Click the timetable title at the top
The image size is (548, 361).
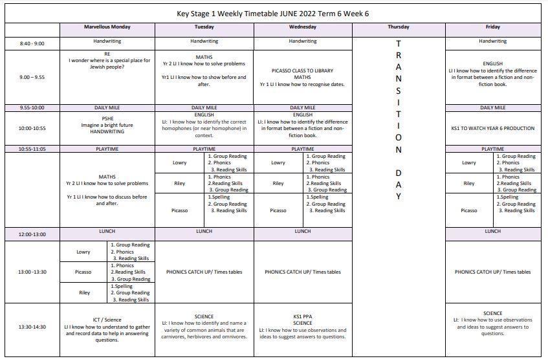click(x=274, y=14)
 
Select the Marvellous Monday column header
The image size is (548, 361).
click(x=107, y=27)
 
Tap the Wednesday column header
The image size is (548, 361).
click(x=302, y=27)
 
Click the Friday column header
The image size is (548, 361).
click(x=492, y=27)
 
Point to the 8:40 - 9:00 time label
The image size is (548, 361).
click(x=32, y=43)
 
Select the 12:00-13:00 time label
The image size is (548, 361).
click(x=32, y=234)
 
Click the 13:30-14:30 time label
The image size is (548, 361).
click(x=32, y=327)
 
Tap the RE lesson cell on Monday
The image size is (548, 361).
click(x=107, y=61)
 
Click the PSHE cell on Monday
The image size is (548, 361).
click(x=107, y=125)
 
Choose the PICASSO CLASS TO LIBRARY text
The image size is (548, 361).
click(x=302, y=71)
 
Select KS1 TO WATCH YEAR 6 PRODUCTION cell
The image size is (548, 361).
click(x=492, y=128)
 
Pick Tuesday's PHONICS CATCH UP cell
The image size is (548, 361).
click(x=204, y=272)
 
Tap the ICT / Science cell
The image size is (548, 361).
click(x=107, y=327)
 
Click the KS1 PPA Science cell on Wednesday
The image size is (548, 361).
click(x=302, y=327)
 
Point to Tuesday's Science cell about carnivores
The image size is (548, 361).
click(x=204, y=327)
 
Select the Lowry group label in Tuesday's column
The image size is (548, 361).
click(x=180, y=163)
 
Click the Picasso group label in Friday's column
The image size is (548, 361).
click(x=469, y=210)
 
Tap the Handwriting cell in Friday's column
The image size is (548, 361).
click(x=492, y=41)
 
